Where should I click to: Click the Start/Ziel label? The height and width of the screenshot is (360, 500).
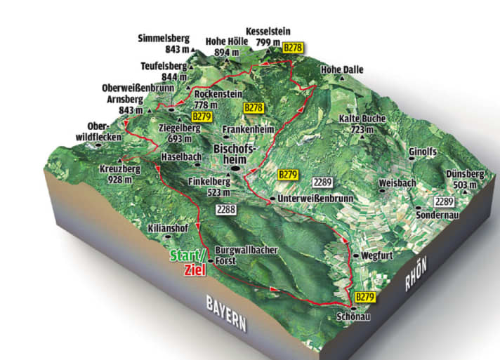(x=188, y=261)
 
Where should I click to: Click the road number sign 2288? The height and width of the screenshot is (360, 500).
(x=226, y=208)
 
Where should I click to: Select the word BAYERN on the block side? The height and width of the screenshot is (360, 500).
(x=225, y=313)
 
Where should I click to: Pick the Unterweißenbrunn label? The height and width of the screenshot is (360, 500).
(x=314, y=199)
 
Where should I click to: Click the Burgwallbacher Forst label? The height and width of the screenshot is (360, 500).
(x=247, y=255)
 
